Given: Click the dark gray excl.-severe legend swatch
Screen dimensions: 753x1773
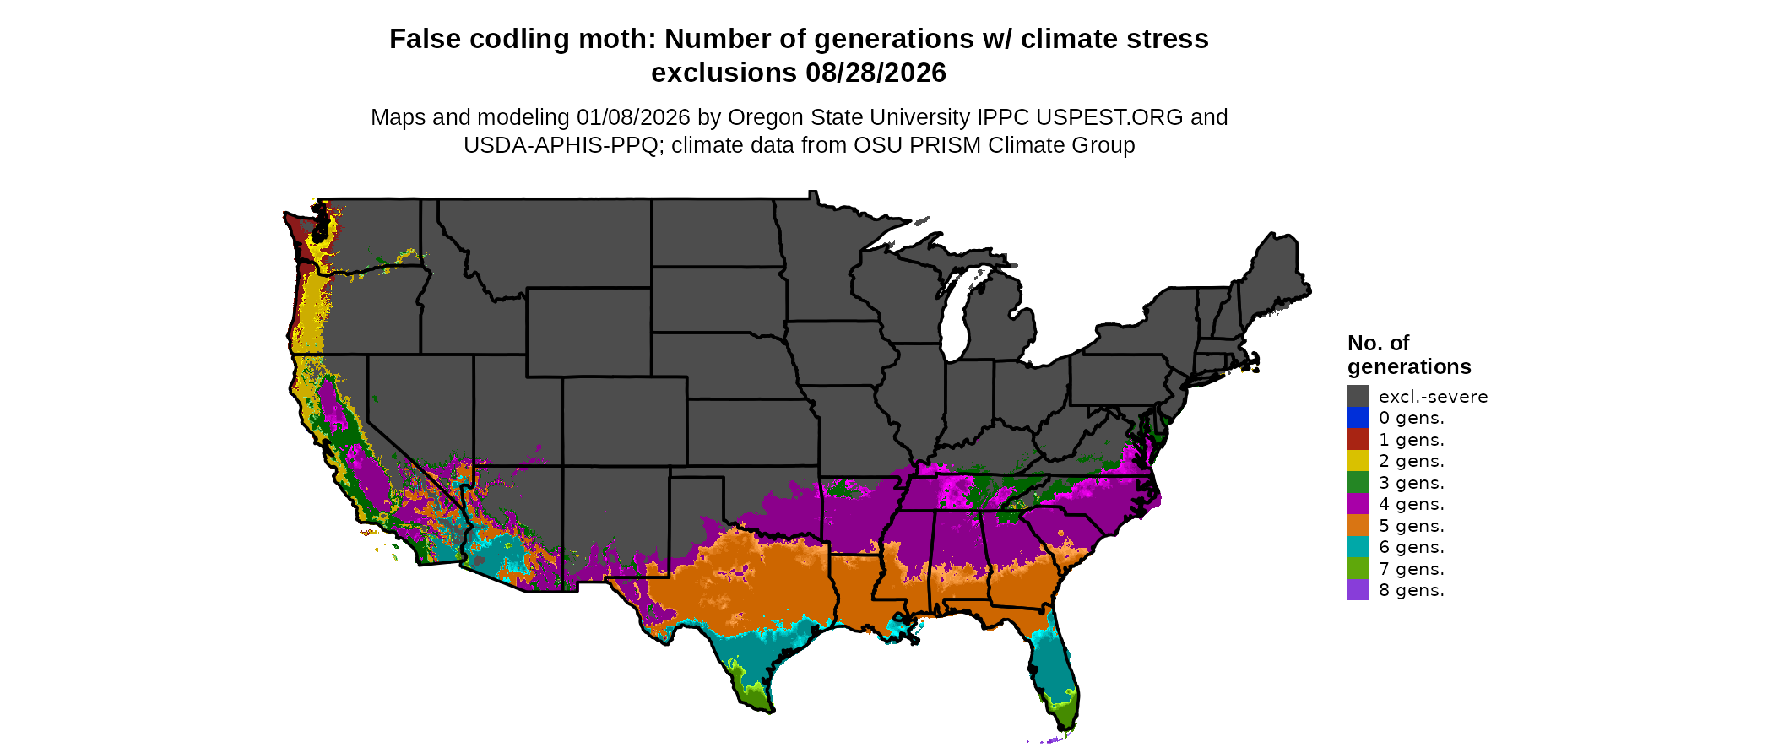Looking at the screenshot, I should pos(1358,396).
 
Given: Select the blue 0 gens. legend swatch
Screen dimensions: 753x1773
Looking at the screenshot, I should pos(1358,418).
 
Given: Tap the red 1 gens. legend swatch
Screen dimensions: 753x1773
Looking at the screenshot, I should pos(1358,439).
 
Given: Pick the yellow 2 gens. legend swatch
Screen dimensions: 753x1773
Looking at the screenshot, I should pos(1358,461).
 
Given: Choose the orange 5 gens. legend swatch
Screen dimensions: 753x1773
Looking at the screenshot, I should pos(1358,525).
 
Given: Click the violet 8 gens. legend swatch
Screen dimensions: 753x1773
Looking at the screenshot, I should pos(1358,590).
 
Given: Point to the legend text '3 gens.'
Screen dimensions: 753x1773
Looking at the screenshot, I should pos(1411,483).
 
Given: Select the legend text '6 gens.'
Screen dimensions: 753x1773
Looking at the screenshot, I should pos(1411,547).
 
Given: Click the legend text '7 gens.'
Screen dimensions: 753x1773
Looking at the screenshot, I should pos(1411,569).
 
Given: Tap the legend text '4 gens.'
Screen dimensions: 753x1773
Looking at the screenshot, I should pos(1411,504).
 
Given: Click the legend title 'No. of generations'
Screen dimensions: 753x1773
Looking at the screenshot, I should pos(1408,355).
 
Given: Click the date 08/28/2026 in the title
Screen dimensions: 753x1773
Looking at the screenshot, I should pos(876,73).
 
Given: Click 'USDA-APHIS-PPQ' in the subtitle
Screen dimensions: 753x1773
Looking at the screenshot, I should pos(560,145).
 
